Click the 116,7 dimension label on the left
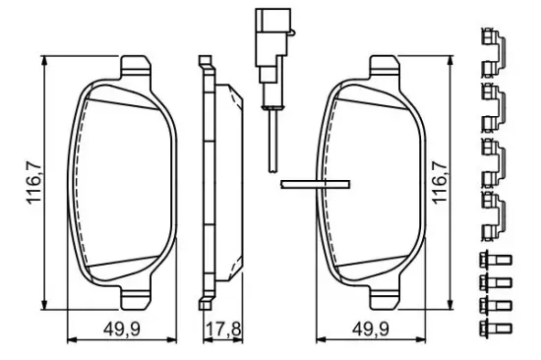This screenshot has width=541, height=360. coord(34,182)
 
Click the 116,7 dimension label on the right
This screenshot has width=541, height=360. coord(440,182)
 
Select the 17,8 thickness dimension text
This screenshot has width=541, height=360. coord(223,330)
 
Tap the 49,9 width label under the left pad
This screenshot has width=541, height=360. coord(122,330)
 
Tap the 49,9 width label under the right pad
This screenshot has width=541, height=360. coord(371,330)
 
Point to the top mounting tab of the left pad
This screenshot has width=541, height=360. coord(136,67)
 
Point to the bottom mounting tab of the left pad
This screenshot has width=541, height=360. coord(136,298)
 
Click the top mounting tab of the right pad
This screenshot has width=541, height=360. coord(385,67)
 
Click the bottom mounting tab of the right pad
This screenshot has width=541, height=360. coord(385,298)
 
